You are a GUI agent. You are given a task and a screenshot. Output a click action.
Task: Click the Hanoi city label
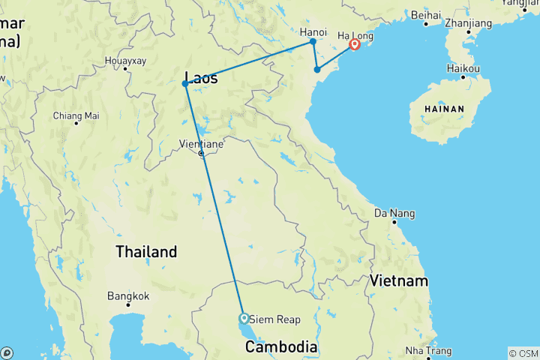coord(313,32)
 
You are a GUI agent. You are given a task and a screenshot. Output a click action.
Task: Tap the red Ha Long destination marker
coord(354,46)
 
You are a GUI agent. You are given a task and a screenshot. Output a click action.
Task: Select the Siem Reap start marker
coord(243,318)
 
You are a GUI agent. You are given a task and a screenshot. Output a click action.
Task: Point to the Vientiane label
coord(200,142)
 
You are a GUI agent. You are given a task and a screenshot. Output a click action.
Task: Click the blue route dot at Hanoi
coord(313,42)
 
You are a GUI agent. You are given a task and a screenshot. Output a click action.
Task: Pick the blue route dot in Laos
coord(184,83)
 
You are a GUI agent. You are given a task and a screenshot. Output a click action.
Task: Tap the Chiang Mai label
coord(76,115)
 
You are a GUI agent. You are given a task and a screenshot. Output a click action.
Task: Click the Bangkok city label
coord(128,295)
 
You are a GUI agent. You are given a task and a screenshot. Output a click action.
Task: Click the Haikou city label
coord(463,68)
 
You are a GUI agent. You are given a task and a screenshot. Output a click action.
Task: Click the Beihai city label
coord(425,13)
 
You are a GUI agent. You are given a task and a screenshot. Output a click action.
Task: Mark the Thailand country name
coord(146,252)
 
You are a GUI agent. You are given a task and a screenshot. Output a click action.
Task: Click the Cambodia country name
coord(281,347)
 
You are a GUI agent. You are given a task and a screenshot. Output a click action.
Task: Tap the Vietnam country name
coord(397,281)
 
